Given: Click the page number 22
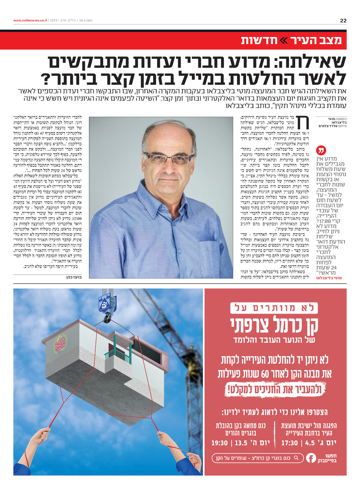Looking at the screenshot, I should (x=343, y=20).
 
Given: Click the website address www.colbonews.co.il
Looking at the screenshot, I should (x=30, y=20).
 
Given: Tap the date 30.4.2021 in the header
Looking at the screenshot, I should (x=85, y=20).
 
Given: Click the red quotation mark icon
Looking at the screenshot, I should (x=321, y=150).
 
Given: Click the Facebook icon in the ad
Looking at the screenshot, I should (x=311, y=458).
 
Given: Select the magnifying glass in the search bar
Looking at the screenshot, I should (x=296, y=458).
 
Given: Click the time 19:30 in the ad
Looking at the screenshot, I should (x=220, y=443).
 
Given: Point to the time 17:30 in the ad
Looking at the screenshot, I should (x=289, y=443).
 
